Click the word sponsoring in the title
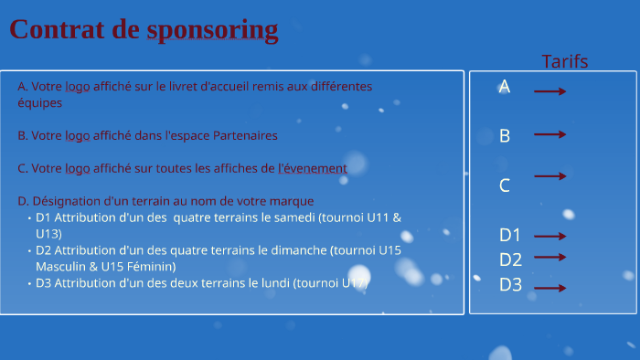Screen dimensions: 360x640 [212, 30]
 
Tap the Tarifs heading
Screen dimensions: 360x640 [564, 61]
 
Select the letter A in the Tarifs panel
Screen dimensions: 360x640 [504, 87]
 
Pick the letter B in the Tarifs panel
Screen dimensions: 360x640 [504, 136]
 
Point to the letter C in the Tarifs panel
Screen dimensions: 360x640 [504, 185]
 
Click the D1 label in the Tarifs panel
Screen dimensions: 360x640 [510, 235]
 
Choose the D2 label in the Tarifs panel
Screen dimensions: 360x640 [510, 259]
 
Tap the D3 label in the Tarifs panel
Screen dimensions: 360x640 [510, 284]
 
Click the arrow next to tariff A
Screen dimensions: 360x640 [549, 91]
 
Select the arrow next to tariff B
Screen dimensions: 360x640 [549, 134]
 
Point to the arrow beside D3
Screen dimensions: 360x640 [549, 289]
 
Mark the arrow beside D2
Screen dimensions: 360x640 [549, 258]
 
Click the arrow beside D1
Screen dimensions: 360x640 [549, 236]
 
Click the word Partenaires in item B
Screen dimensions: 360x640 [245, 135]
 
